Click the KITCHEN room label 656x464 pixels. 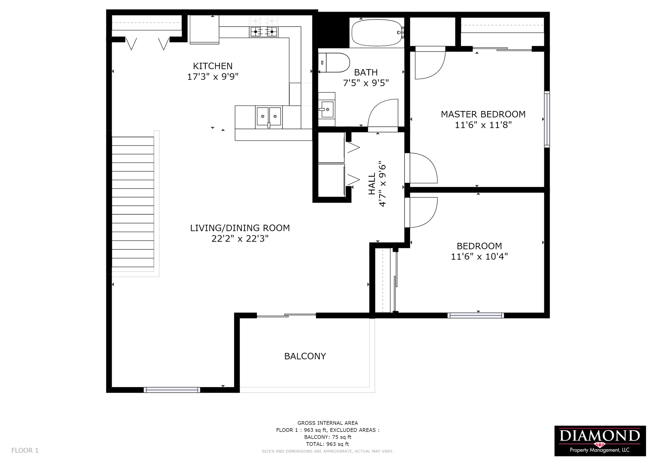213,66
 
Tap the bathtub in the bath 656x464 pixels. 377,32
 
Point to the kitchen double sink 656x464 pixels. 269,117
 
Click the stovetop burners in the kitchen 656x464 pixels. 263,32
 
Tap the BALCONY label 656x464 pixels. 305,356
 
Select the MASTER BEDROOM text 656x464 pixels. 483,114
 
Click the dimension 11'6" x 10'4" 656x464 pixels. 479,257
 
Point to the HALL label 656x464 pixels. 372,184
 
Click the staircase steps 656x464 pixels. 133,202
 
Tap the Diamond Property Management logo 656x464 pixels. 600,441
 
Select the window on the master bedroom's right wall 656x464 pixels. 547,119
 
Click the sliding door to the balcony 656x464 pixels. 286,315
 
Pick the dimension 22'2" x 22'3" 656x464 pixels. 240,238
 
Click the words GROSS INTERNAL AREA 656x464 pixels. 328,423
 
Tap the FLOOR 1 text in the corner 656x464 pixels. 25,450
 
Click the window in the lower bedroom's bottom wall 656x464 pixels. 476,315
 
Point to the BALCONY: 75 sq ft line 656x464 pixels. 328,437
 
